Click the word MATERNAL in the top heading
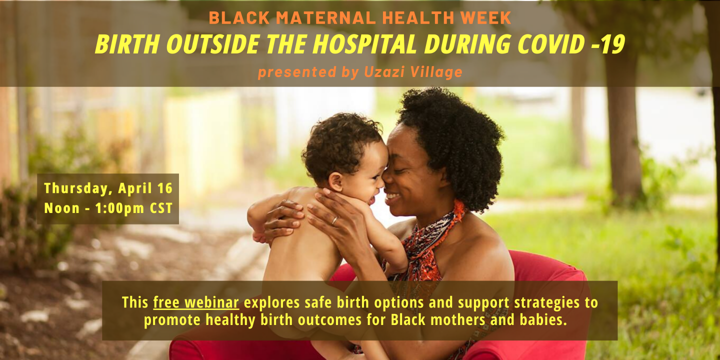pos(326,17)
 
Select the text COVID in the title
pos(551,44)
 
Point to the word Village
pos(436,72)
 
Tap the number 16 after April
pos(165,188)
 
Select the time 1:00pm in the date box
pos(120,208)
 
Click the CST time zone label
pos(161,208)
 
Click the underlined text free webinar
pos(196,303)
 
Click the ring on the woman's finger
pos(334,220)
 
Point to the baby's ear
pos(335,181)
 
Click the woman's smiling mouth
pos(393,196)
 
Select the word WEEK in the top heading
pos(485,17)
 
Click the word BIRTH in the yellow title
pos(128,44)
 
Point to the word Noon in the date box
pos(61,208)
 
